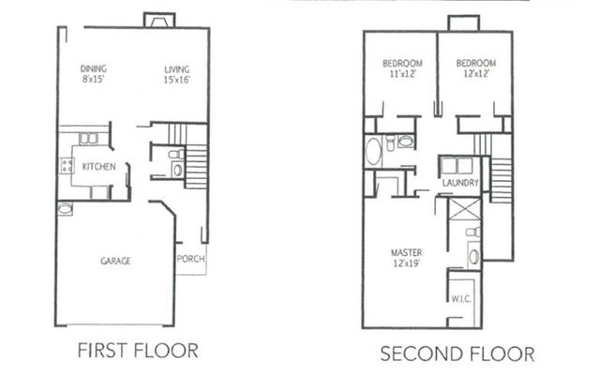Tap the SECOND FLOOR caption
tap(457, 354)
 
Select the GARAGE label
tap(115, 261)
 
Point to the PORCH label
tap(190, 259)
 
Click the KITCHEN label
tap(98, 167)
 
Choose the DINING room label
tap(93, 68)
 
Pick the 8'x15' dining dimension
tap(93, 79)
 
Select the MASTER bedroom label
tap(406, 252)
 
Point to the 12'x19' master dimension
tap(406, 263)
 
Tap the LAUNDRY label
tap(461, 183)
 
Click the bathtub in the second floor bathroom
tap(374, 150)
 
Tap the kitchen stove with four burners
tap(67, 166)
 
